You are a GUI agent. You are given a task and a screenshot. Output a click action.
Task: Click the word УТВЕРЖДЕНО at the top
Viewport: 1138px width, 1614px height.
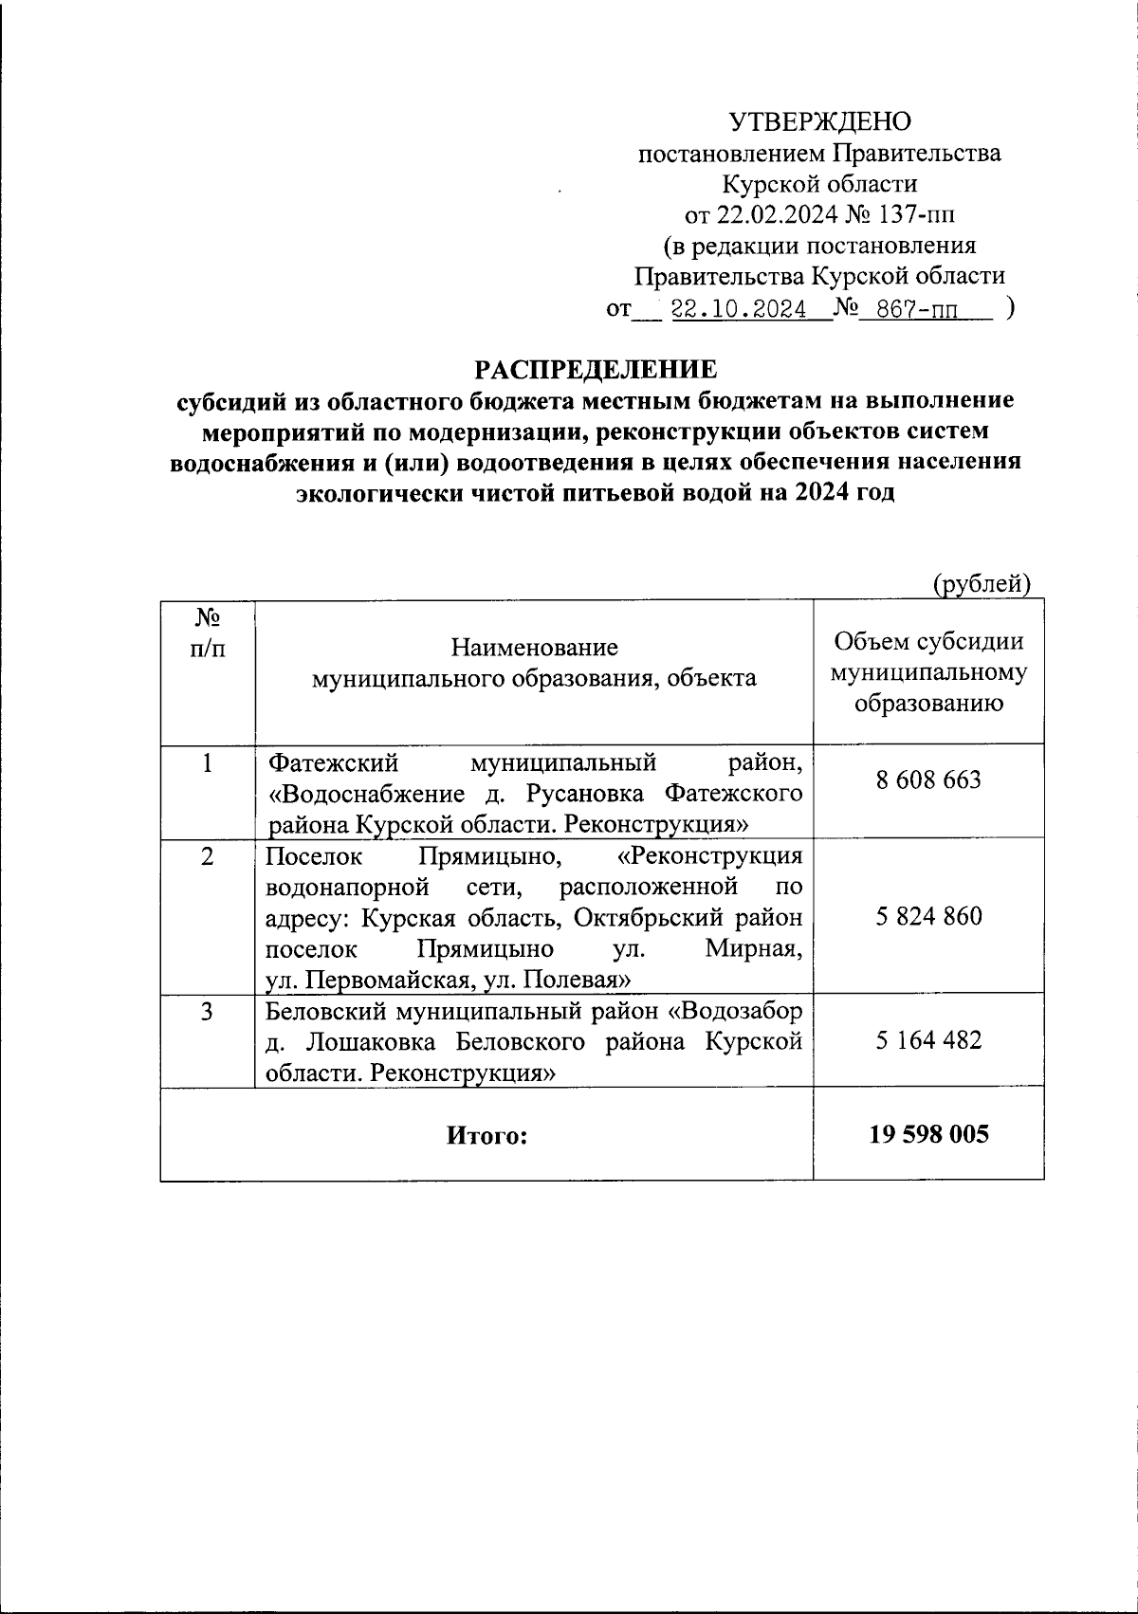point(819,121)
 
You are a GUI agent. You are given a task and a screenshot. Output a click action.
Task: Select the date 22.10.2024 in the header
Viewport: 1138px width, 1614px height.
point(738,309)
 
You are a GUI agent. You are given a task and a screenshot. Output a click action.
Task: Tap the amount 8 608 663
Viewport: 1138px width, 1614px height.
point(928,779)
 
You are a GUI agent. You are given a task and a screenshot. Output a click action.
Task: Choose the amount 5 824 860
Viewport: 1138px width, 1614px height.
point(928,916)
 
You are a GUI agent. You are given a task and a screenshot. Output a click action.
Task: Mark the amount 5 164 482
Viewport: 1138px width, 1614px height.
point(928,1039)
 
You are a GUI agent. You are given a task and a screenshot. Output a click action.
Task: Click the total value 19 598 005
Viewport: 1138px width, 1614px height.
point(928,1134)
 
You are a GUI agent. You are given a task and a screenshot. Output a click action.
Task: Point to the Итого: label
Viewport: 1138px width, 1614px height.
point(486,1135)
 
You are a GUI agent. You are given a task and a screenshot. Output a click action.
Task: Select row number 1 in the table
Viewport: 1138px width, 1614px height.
point(208,762)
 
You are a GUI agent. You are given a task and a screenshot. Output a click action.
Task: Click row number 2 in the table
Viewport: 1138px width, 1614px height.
point(208,855)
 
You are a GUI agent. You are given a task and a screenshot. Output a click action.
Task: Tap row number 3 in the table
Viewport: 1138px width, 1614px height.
point(208,1011)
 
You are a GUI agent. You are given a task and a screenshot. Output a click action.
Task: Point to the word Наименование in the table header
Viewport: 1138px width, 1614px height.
point(535,648)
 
